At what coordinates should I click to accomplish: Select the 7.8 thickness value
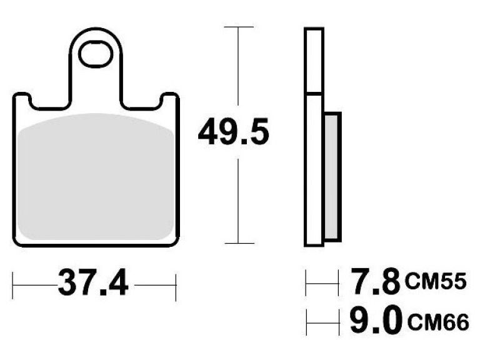pyautogui.click(x=373, y=282)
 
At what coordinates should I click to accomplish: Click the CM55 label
pyautogui.click(x=436, y=282)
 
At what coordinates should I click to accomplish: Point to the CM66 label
pyautogui.click(x=436, y=323)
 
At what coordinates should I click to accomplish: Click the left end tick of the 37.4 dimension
pyautogui.click(x=14, y=286)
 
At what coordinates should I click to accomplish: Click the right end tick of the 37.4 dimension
pyautogui.click(x=177, y=286)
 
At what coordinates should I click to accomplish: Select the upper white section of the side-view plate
pyautogui.click(x=314, y=61)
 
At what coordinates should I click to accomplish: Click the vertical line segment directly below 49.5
pyautogui.click(x=238, y=200)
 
